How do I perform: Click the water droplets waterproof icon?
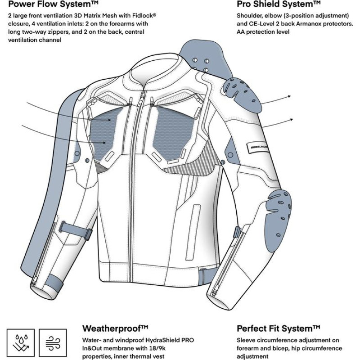(21, 342)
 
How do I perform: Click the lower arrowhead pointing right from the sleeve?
(292, 119)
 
